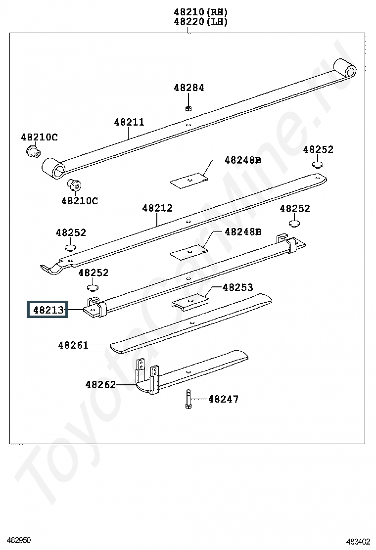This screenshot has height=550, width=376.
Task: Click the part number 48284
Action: [188, 88]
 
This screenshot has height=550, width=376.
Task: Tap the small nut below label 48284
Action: [188, 108]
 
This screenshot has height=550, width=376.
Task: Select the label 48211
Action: [129, 122]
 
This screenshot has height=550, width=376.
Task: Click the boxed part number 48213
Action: [48, 310]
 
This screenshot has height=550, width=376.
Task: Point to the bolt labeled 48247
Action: [188, 399]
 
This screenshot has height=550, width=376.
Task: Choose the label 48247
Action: [224, 399]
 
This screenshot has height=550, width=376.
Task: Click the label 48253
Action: [237, 287]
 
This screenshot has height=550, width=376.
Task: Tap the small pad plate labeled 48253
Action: [190, 301]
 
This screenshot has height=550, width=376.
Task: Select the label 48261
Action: [73, 345]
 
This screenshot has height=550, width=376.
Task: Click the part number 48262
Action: [100, 384]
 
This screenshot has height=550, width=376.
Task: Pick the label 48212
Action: [157, 208]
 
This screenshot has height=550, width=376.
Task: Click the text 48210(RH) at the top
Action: [201, 12]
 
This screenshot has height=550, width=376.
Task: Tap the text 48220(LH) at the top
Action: [201, 22]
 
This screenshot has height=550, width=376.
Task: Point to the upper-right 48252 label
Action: [318, 149]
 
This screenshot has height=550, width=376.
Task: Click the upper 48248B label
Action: [243, 160]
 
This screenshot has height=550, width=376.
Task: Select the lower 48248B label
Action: [243, 232]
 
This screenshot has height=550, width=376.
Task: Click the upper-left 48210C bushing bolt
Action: [33, 151]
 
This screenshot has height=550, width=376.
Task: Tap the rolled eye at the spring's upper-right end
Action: [345, 68]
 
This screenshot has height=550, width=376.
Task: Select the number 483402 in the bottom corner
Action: [359, 542]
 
